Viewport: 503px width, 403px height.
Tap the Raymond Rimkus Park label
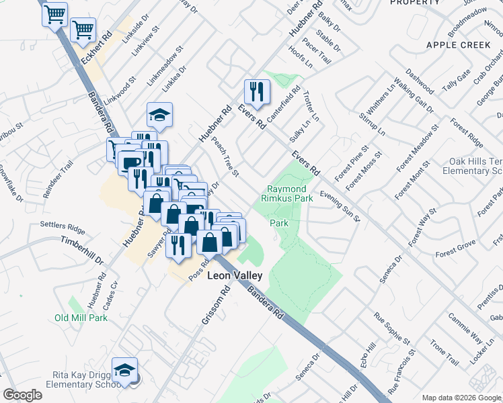click(x=291, y=194)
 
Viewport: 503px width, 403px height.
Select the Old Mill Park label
click(x=81, y=318)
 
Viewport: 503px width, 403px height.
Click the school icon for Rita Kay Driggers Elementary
click(x=124, y=371)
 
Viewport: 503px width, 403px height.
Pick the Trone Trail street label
click(x=444, y=352)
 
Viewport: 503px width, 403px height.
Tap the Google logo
click(x=23, y=395)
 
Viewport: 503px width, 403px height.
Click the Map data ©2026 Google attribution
click(x=461, y=398)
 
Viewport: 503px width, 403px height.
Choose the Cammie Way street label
click(x=465, y=327)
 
